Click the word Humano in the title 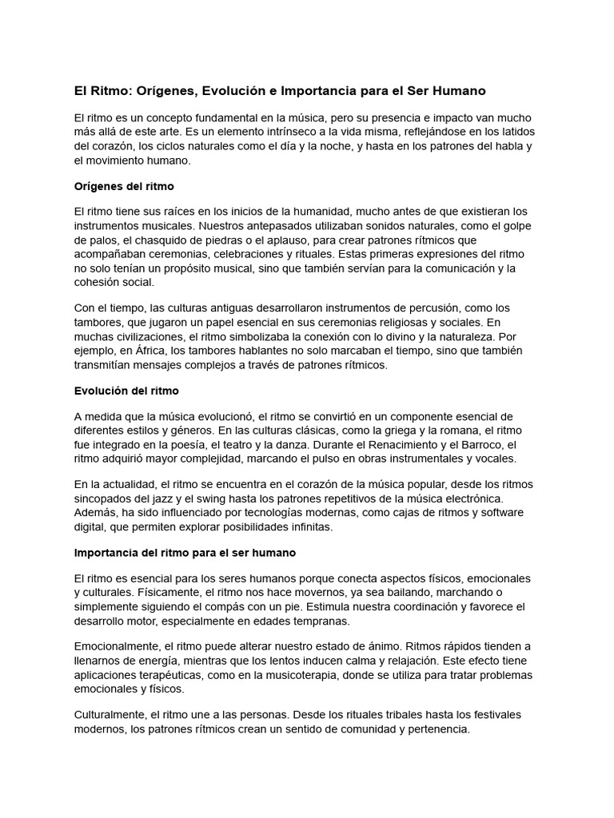(457, 91)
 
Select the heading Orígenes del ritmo (123, 185)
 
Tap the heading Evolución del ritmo (126, 391)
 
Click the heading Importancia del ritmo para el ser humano (185, 553)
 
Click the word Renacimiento (383, 444)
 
